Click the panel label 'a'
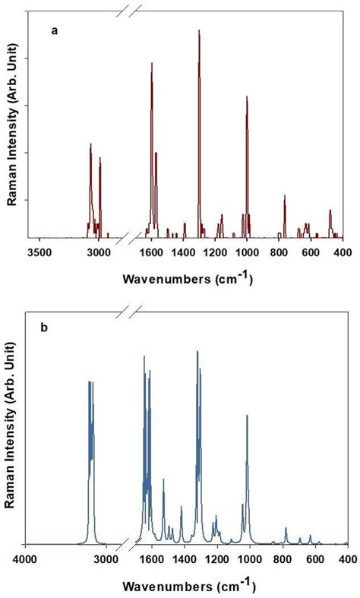(53, 31)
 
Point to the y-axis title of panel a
(12, 125)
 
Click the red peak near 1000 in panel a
(247, 97)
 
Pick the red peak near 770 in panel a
(285, 197)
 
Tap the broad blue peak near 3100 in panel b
(90, 383)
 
